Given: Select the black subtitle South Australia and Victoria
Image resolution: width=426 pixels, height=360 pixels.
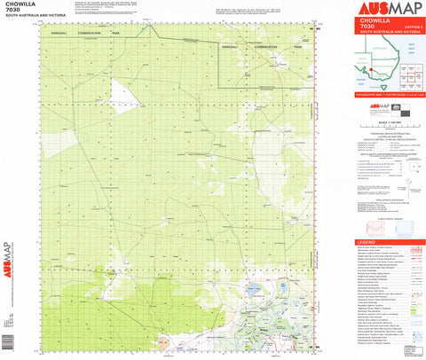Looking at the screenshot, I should point(35,20).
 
